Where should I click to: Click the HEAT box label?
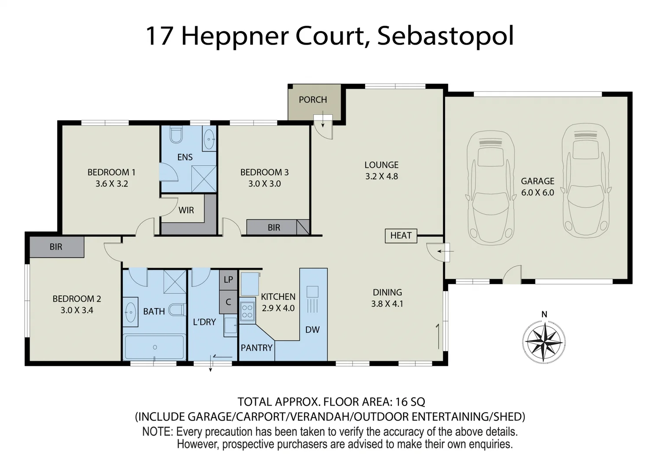(401, 235)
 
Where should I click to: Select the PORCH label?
(313, 100)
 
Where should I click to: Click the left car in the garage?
(491, 186)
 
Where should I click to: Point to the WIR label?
(186, 210)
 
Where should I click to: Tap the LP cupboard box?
(228, 279)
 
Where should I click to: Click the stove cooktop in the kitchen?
(247, 311)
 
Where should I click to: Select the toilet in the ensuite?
(176, 135)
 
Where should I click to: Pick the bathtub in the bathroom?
(155, 347)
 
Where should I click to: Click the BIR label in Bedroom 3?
(274, 227)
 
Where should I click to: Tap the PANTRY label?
(257, 348)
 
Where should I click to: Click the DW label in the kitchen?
(312, 330)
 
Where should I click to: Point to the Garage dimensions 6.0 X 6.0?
(538, 193)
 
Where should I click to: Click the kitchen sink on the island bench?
(312, 292)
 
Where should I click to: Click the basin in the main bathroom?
(130, 312)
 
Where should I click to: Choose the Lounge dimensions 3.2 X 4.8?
(382, 176)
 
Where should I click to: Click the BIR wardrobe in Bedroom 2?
(56, 247)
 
